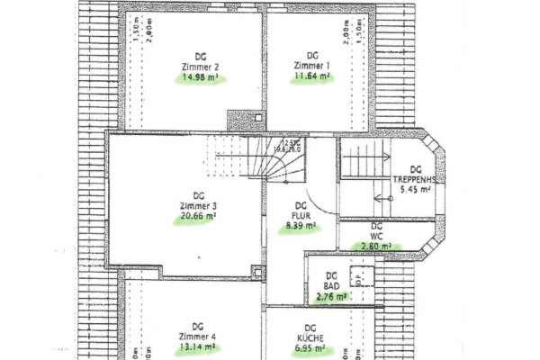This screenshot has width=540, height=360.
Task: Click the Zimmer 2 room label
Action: (200, 67)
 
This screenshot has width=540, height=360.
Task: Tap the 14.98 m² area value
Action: (201, 78)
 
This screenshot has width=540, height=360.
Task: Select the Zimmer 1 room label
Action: (311, 66)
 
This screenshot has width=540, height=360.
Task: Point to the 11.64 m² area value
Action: (312, 77)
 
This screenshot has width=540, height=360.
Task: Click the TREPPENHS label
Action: (414, 179)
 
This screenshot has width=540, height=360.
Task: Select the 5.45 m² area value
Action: (415, 190)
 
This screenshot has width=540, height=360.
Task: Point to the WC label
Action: (376, 236)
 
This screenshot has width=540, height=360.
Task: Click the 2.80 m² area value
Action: (376, 246)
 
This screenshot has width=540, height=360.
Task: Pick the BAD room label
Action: (331, 284)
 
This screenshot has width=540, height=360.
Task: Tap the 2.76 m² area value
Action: (331, 294)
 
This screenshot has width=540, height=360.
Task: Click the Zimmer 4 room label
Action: (199, 336)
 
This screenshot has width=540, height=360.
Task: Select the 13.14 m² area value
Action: (199, 346)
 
